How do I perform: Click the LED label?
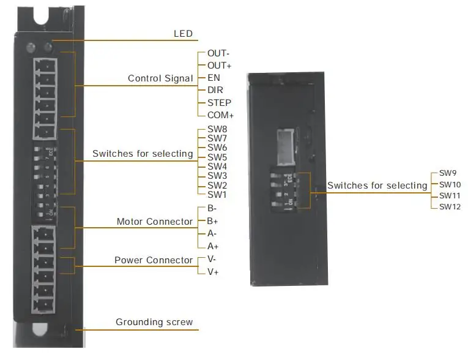pos(183,34)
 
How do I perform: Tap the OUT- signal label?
pos(218,53)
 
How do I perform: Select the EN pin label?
pos(214,78)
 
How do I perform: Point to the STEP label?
pos(220,103)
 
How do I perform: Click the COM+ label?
pos(221,115)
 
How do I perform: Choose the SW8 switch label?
pos(217,129)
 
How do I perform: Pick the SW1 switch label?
pos(217,195)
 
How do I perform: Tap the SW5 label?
pos(217,157)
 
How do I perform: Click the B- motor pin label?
pos(212,208)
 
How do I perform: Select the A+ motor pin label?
pos(213,246)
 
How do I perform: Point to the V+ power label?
pos(213,272)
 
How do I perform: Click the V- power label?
pos(212,259)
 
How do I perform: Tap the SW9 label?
pos(448,173)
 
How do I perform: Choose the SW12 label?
pos(450,206)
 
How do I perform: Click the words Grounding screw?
pos(154,322)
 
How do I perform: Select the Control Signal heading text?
pos(160,78)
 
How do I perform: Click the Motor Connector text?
pos(155,222)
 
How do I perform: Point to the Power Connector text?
pos(154,260)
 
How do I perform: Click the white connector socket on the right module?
pos(286,147)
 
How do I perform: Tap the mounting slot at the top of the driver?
pos(41,15)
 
